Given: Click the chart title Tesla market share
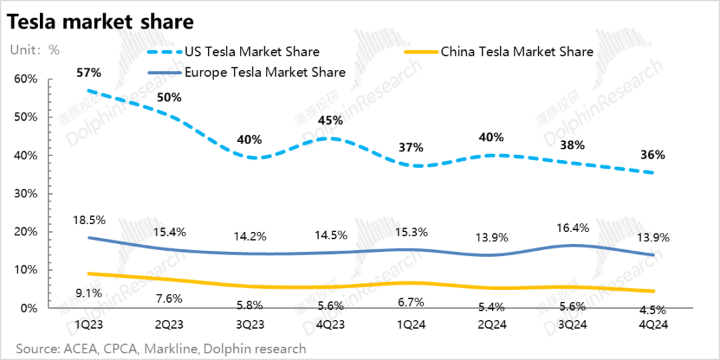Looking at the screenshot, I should [100, 21].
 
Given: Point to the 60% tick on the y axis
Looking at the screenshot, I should [25, 79].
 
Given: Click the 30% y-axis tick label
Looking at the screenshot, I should [25, 194].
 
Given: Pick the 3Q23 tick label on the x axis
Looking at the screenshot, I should [249, 325].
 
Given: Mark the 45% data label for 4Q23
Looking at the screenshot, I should [330, 121].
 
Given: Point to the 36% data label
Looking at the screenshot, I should [652, 155].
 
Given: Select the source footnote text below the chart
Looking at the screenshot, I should [161, 349].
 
